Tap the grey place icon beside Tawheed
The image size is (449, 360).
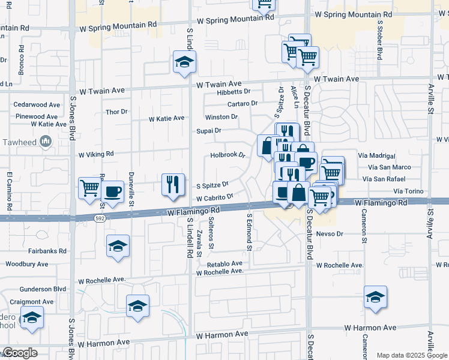point(45,141)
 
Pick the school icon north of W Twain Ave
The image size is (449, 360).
point(184,61)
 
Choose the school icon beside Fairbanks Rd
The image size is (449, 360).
point(118,246)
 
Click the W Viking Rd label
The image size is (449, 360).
point(96,154)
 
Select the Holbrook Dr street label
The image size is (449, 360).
point(228,155)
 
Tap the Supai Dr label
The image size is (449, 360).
point(209,130)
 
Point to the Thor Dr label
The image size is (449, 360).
point(116,112)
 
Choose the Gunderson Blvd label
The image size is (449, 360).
point(43,289)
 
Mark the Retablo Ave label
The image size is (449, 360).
point(224,263)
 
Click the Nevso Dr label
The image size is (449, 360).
point(329,233)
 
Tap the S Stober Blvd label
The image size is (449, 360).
point(379,41)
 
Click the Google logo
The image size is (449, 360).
point(20,353)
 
